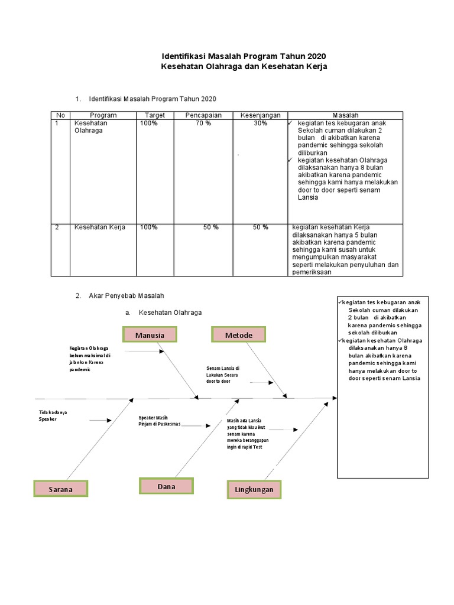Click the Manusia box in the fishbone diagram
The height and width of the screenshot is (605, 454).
click(150, 335)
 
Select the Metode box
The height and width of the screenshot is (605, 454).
click(238, 335)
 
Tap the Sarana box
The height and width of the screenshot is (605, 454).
click(61, 489)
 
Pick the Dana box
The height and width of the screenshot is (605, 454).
click(167, 486)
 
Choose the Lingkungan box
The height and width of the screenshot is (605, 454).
click(254, 490)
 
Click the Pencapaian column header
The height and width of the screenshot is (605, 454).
click(203, 115)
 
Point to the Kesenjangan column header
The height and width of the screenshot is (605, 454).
click(260, 115)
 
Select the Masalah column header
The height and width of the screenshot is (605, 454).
click(345, 115)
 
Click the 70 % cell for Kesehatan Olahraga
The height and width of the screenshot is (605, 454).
click(203, 123)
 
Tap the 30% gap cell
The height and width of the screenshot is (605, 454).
click(260, 123)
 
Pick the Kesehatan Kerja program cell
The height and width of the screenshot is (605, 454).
click(99, 227)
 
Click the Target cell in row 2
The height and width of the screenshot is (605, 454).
click(149, 227)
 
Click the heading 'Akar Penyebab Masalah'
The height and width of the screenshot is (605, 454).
click(126, 295)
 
